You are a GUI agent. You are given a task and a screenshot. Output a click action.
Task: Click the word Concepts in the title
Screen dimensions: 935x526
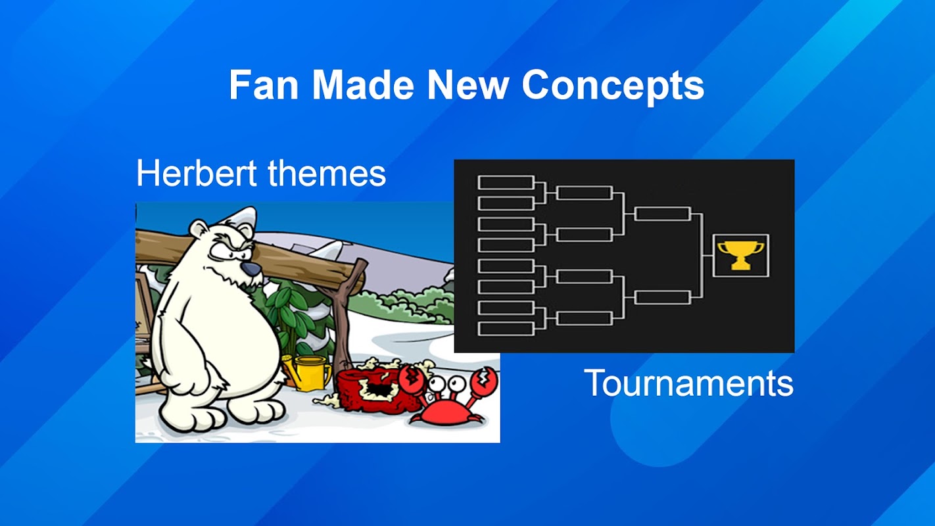tap(613, 85)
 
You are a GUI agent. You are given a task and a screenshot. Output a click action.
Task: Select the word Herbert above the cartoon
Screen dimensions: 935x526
tap(196, 173)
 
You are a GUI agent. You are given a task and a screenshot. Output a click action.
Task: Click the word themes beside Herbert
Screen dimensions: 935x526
tap(327, 173)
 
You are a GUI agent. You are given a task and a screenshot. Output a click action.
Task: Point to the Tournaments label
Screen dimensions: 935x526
tap(688, 383)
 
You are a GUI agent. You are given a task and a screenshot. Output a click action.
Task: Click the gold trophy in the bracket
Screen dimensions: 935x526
tap(740, 255)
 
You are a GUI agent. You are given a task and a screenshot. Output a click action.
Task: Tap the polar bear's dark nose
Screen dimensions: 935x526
tap(251, 270)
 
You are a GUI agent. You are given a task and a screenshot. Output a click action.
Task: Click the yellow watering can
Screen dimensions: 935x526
tap(308, 373)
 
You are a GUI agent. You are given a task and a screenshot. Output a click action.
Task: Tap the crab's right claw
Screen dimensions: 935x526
tap(484, 381)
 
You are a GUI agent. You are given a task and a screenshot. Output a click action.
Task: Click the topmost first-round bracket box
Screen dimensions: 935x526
tap(506, 182)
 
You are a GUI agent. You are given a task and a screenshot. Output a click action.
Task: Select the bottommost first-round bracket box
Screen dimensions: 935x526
tap(506, 329)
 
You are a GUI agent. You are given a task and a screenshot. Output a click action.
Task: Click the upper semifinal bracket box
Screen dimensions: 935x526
tap(663, 214)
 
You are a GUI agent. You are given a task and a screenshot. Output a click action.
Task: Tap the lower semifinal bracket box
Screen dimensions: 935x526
tap(663, 297)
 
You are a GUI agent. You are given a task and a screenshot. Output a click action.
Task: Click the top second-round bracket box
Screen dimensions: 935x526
tap(585, 193)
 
